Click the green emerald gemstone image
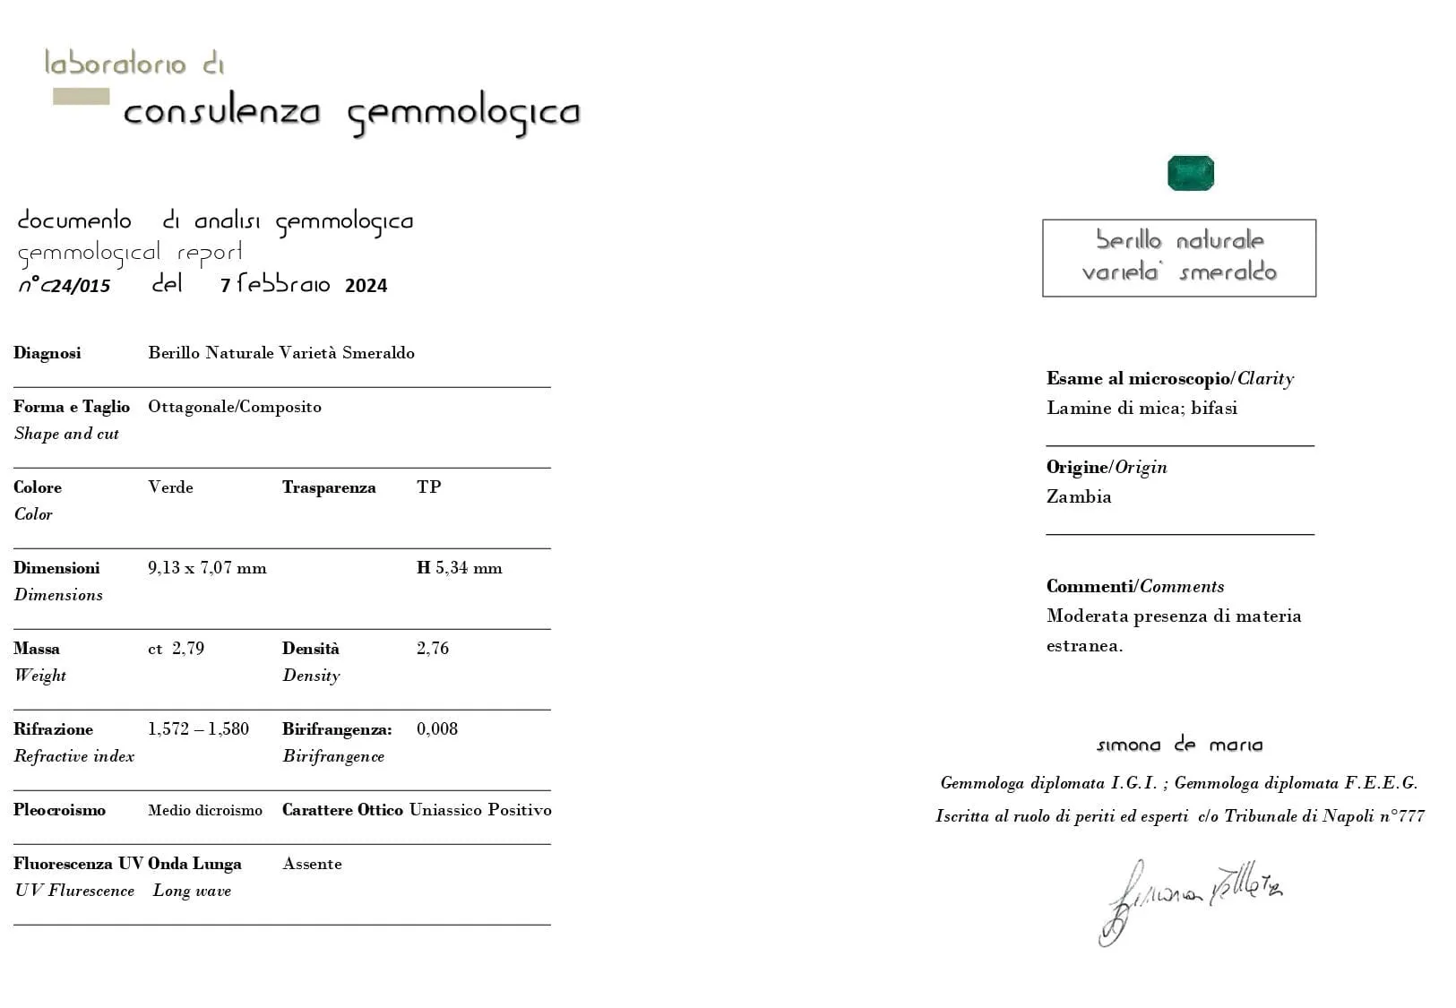coord(1190,173)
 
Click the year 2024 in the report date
coord(366,286)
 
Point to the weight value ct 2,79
coord(176,649)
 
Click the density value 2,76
coord(433,649)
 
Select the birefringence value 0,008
coord(437,729)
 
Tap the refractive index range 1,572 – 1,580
coord(198,729)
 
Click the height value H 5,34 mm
coord(460,568)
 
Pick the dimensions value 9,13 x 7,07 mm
coord(207,568)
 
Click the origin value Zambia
coord(1079,497)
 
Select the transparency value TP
coord(428,487)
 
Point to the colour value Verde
coord(170,487)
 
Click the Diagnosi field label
coord(47,353)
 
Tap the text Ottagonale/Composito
coord(235,407)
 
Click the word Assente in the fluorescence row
coord(312,864)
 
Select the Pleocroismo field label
coord(59,810)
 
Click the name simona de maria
coord(1179,745)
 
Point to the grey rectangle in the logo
coord(81,97)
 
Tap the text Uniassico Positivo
coord(480,810)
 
